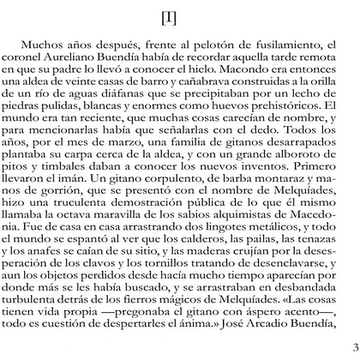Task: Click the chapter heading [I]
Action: pos(180,19)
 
